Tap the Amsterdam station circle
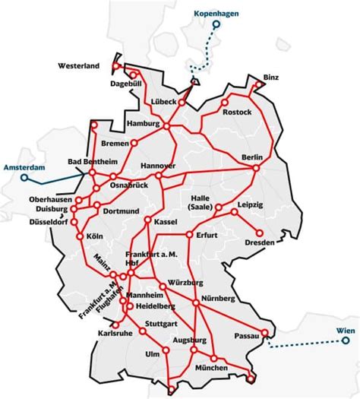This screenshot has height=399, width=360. click(24, 178)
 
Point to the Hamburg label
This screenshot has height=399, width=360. click(142, 123)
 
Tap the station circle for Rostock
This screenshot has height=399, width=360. click(225, 102)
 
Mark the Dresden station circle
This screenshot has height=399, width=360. click(260, 233)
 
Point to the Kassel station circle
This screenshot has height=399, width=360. click(147, 221)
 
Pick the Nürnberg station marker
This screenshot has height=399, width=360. click(196, 302)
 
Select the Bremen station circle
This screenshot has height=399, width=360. click(134, 142)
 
